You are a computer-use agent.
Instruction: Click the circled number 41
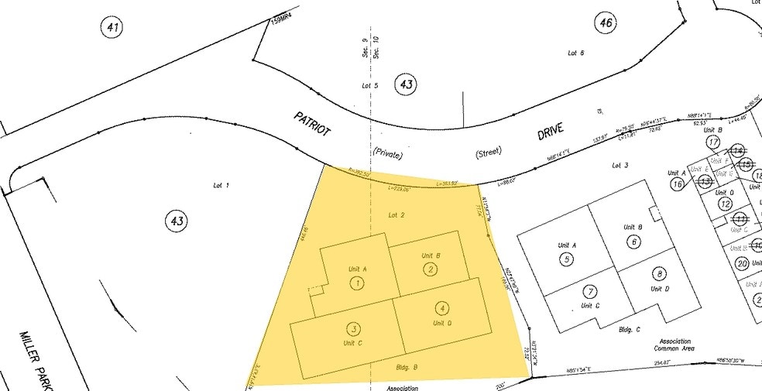pos(113,29)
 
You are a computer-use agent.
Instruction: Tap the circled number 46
pos(606,22)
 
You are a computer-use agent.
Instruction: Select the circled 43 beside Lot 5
pos(406,84)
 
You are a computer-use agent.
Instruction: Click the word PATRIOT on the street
pos(312,124)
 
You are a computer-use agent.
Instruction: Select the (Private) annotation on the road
pos(387,153)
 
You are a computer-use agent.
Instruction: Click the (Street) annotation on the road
pos(489,155)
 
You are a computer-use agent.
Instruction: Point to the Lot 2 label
pos(396,214)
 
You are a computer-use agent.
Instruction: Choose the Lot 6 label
pos(575,53)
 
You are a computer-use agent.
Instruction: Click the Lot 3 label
pos(620,166)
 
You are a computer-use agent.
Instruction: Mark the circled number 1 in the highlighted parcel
pos(357,283)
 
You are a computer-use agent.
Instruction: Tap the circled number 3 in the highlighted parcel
pos(352,328)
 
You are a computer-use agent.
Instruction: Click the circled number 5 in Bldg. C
pos(568,259)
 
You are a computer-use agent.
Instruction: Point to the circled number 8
pos(660,273)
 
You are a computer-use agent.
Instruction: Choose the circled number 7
pos(592,292)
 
